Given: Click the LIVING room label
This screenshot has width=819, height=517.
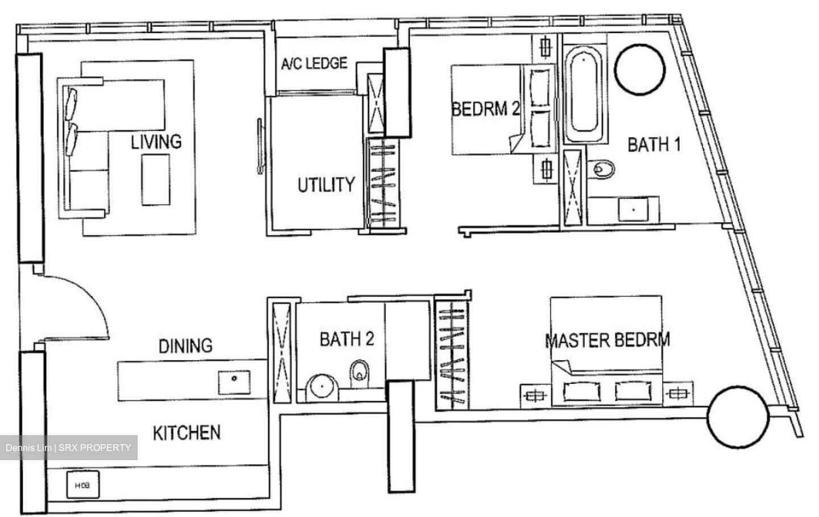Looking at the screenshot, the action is (156, 142).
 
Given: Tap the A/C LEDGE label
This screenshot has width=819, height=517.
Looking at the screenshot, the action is (314, 63).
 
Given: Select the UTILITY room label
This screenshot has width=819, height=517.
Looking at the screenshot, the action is (326, 185).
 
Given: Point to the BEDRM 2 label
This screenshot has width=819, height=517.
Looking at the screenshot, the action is (486, 109).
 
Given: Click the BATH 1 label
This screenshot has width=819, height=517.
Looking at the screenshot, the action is (654, 144).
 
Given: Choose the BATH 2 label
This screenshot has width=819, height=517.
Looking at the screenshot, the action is (347, 338).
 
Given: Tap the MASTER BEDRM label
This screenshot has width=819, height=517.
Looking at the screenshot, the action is (607, 340).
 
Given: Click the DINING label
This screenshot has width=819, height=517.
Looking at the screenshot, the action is (185, 346).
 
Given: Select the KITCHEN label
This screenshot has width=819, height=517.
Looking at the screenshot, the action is (187, 433).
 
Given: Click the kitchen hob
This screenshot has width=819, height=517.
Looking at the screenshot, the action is (82, 485).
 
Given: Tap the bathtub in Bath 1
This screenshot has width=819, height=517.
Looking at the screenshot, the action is (584, 94).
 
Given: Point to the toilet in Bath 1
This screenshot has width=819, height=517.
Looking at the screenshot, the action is (601, 169).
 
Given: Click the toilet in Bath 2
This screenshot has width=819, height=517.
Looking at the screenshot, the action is (360, 374).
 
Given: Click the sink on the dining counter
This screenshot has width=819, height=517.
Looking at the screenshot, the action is (234, 382).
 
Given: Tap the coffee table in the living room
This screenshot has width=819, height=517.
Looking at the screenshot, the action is (156, 180).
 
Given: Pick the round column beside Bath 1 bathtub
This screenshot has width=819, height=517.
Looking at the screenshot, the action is (639, 69).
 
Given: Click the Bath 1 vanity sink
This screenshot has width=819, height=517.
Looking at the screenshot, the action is (633, 209).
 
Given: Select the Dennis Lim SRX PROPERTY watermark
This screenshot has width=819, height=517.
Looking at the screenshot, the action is (69, 448).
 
